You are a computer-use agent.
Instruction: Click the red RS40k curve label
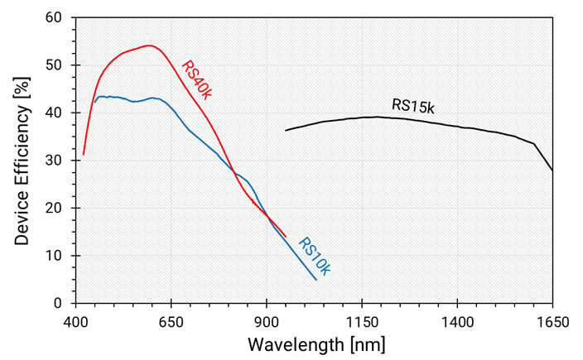pos(196,80)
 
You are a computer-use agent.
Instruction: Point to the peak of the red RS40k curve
pos(149,46)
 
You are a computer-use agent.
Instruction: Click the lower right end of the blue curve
pos(316,280)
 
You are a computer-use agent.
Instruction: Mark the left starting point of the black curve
pos(286,130)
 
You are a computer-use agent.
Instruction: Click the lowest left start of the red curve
pos(84,155)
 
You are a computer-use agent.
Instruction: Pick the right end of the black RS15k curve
pos(552,170)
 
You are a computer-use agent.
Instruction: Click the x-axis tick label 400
pos(75,319)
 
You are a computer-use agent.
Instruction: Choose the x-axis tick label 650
pos(171,319)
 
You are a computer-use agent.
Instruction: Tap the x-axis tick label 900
pos(267,319)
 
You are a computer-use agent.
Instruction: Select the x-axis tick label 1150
pos(362,319)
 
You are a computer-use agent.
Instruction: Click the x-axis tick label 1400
pos(457,319)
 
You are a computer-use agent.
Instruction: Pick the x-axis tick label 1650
pos(552,319)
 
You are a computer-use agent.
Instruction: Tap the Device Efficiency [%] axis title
pos(22,161)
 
